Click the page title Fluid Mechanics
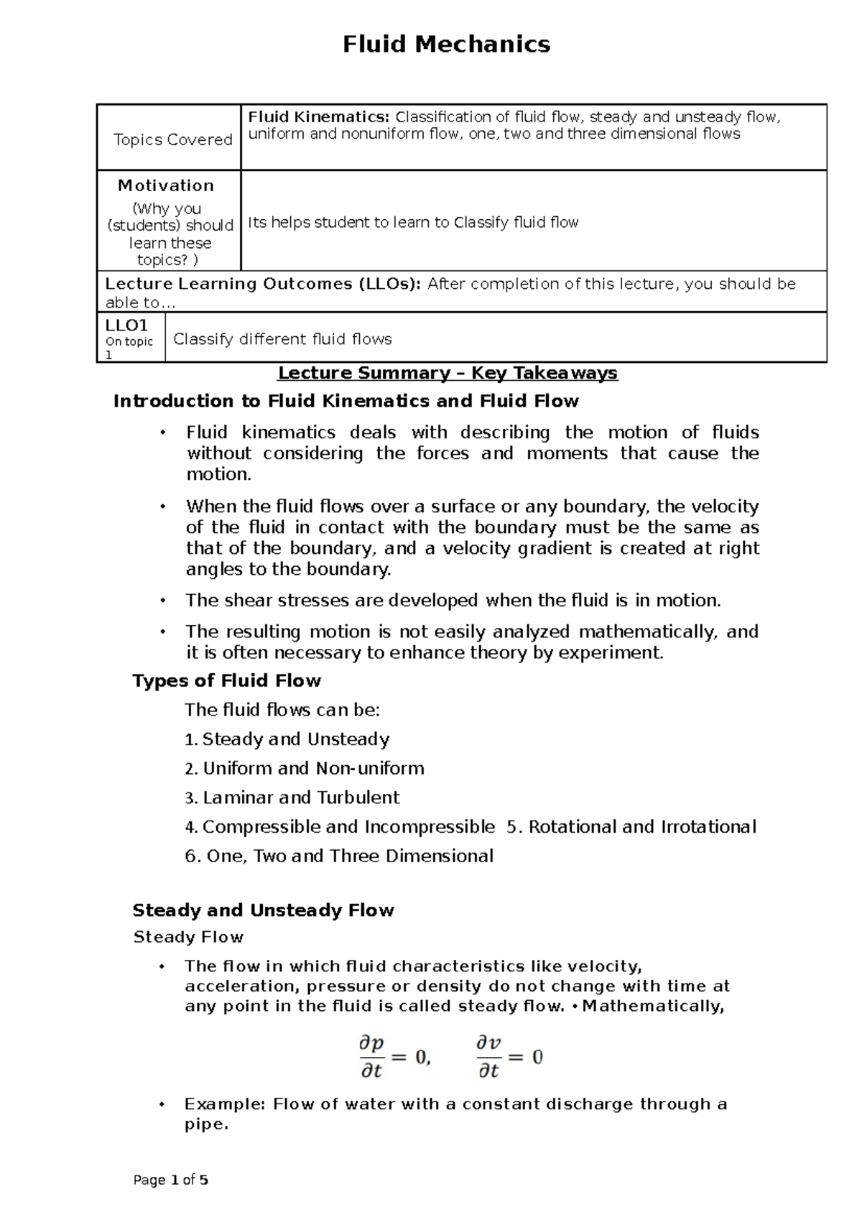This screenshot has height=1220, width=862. click(x=446, y=45)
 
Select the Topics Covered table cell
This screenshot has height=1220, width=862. click(x=172, y=139)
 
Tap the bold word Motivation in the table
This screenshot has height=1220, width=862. click(x=166, y=185)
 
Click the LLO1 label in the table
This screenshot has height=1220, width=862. click(x=126, y=325)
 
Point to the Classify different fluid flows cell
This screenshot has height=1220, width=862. click(x=282, y=339)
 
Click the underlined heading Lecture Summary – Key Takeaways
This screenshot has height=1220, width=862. click(x=448, y=373)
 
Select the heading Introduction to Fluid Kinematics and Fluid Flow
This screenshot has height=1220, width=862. click(x=346, y=401)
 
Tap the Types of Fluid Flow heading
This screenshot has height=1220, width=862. click(x=226, y=680)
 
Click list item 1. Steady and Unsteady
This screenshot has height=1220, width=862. click(x=287, y=739)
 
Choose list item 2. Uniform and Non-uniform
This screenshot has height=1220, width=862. click(x=304, y=768)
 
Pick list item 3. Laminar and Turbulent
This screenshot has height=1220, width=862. click(x=292, y=798)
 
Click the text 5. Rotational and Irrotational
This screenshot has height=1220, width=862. click(x=631, y=827)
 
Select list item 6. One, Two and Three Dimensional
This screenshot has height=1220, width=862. click(x=339, y=856)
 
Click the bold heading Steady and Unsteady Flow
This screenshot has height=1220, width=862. click(x=263, y=910)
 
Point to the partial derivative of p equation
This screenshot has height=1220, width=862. click(x=394, y=1056)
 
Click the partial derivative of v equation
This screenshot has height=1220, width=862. click(x=509, y=1056)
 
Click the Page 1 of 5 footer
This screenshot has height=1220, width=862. click(x=171, y=1180)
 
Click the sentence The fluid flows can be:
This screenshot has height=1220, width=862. click(x=282, y=710)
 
